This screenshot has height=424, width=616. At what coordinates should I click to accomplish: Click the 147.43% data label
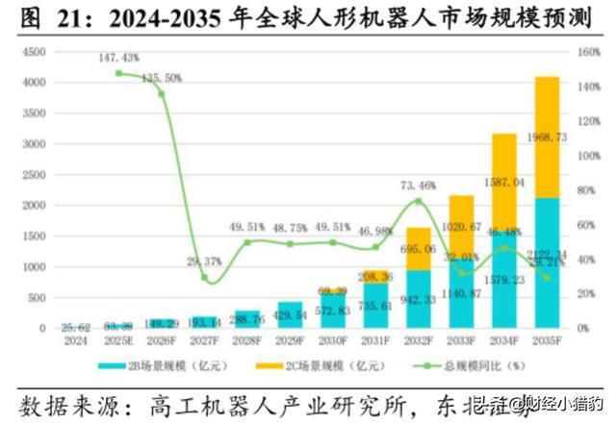click(x=118, y=59)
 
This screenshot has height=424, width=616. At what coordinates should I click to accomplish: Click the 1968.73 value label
click(x=547, y=138)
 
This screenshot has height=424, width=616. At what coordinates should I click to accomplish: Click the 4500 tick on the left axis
click(x=31, y=51)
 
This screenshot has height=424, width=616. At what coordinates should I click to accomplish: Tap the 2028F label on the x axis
click(x=246, y=340)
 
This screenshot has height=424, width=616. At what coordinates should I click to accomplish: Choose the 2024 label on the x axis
click(x=75, y=340)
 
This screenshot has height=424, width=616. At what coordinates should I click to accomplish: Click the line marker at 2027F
click(x=204, y=278)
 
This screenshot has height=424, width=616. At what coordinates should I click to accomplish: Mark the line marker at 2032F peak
click(x=419, y=201)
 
